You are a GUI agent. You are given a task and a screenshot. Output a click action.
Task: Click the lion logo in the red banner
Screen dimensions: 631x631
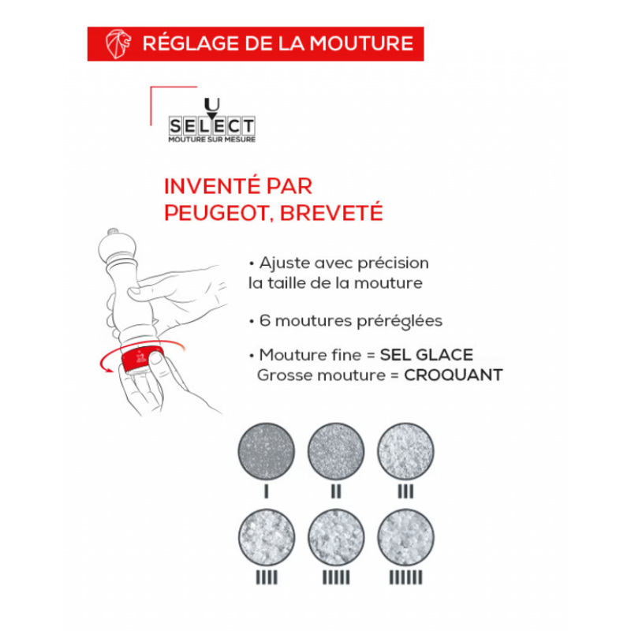tap(118, 44)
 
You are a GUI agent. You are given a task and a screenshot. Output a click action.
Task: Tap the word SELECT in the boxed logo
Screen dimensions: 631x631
tap(212, 126)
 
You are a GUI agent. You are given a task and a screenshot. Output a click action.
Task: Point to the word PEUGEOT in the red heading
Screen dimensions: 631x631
tap(216, 212)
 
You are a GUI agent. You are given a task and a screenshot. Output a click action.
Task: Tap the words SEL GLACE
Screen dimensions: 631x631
tap(427, 355)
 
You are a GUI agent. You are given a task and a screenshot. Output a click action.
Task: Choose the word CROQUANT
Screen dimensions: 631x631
tap(454, 375)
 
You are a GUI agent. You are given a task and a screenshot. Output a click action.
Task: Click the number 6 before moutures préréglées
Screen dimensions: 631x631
tap(264, 321)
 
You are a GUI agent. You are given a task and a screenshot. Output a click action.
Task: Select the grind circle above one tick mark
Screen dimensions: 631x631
tap(267, 451)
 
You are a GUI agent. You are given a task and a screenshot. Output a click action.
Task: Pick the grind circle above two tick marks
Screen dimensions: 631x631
tap(336, 451)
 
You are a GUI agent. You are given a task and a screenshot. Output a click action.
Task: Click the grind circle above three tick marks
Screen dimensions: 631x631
tap(405, 451)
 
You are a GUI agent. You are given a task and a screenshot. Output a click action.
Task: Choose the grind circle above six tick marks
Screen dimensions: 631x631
tap(405, 537)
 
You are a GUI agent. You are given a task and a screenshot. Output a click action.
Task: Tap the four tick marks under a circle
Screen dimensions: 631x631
tap(267, 577)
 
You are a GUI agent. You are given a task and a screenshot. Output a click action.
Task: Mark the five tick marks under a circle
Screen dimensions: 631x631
tap(336, 577)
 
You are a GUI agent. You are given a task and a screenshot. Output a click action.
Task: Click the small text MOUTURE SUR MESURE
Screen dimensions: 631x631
tap(212, 140)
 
